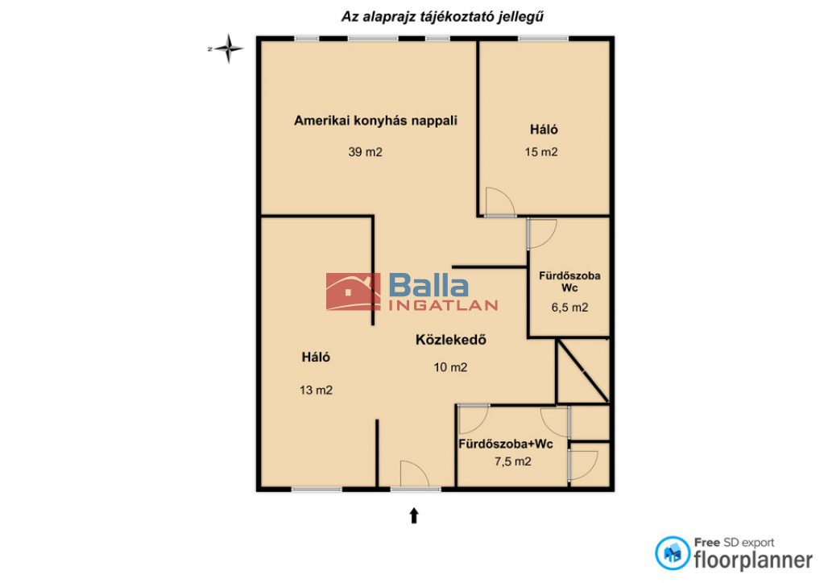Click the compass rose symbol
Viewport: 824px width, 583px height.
pyautogui.click(x=229, y=49)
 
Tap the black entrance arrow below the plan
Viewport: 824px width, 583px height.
pyautogui.click(x=414, y=515)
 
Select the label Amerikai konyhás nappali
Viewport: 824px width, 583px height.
pyautogui.click(x=375, y=121)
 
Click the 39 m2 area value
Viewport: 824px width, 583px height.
pyautogui.click(x=365, y=152)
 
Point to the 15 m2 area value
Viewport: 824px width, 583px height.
pyautogui.click(x=540, y=152)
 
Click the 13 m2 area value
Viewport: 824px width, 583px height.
pyautogui.click(x=316, y=391)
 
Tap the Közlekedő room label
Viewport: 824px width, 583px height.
pyautogui.click(x=451, y=340)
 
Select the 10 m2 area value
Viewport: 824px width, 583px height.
pyautogui.click(x=450, y=368)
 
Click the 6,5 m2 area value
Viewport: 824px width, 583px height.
pyautogui.click(x=569, y=308)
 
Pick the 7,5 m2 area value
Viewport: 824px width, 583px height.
pyautogui.click(x=513, y=461)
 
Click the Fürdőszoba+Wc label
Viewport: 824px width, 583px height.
pyautogui.click(x=506, y=444)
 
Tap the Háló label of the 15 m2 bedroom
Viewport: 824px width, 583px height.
pyautogui.click(x=544, y=130)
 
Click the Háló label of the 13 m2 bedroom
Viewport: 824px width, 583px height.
pyautogui.click(x=316, y=358)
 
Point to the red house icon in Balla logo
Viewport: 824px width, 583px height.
pyautogui.click(x=353, y=291)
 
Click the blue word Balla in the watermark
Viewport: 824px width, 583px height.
pyautogui.click(x=429, y=285)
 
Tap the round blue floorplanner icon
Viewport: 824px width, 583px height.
pyautogui.click(x=673, y=553)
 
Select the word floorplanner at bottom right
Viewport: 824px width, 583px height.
pyautogui.click(x=753, y=560)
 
